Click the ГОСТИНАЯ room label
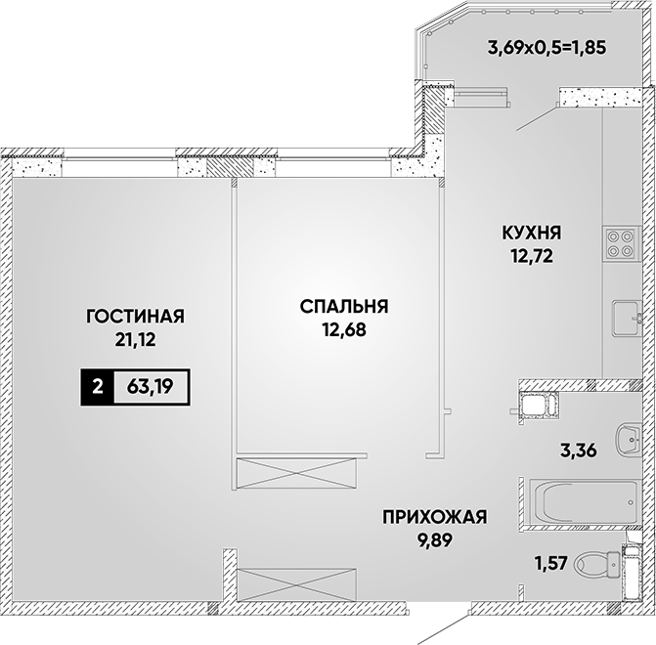click(x=135, y=317)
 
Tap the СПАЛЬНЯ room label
click(x=344, y=307)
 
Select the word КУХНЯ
click(x=531, y=233)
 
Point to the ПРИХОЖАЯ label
click(x=435, y=517)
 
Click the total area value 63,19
click(x=151, y=387)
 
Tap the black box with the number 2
click(x=97, y=387)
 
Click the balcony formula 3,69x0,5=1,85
click(x=547, y=48)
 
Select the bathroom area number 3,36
click(x=579, y=451)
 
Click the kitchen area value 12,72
click(x=531, y=256)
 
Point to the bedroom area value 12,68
click(x=344, y=329)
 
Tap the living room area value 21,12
click(x=135, y=340)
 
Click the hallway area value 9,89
click(x=435, y=540)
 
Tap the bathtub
click(x=584, y=502)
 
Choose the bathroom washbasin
click(x=629, y=440)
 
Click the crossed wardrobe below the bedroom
click(x=296, y=473)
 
